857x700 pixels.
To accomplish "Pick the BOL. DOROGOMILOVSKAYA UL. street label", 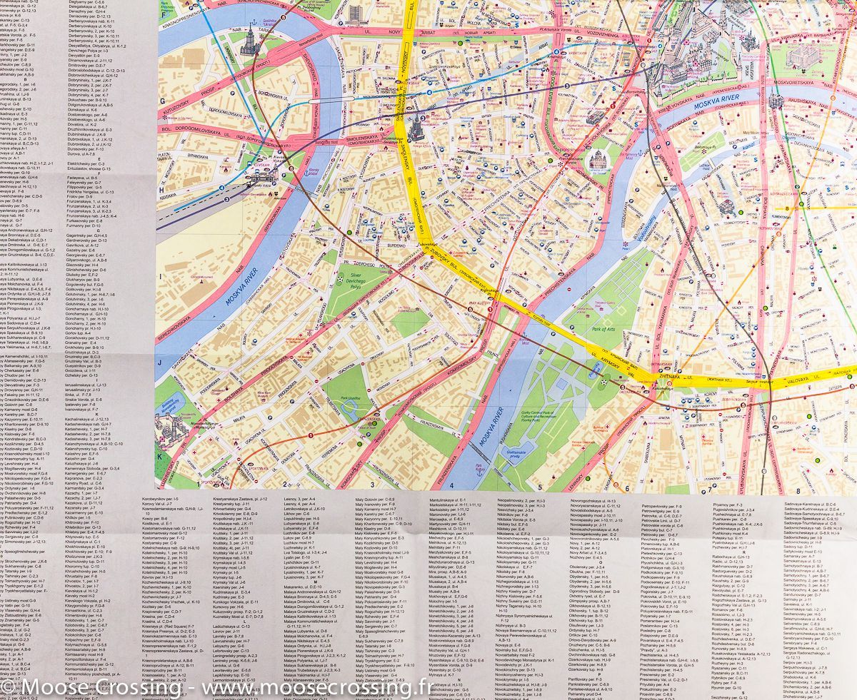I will point(214,129).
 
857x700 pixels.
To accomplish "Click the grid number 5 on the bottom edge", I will point(540,488).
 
